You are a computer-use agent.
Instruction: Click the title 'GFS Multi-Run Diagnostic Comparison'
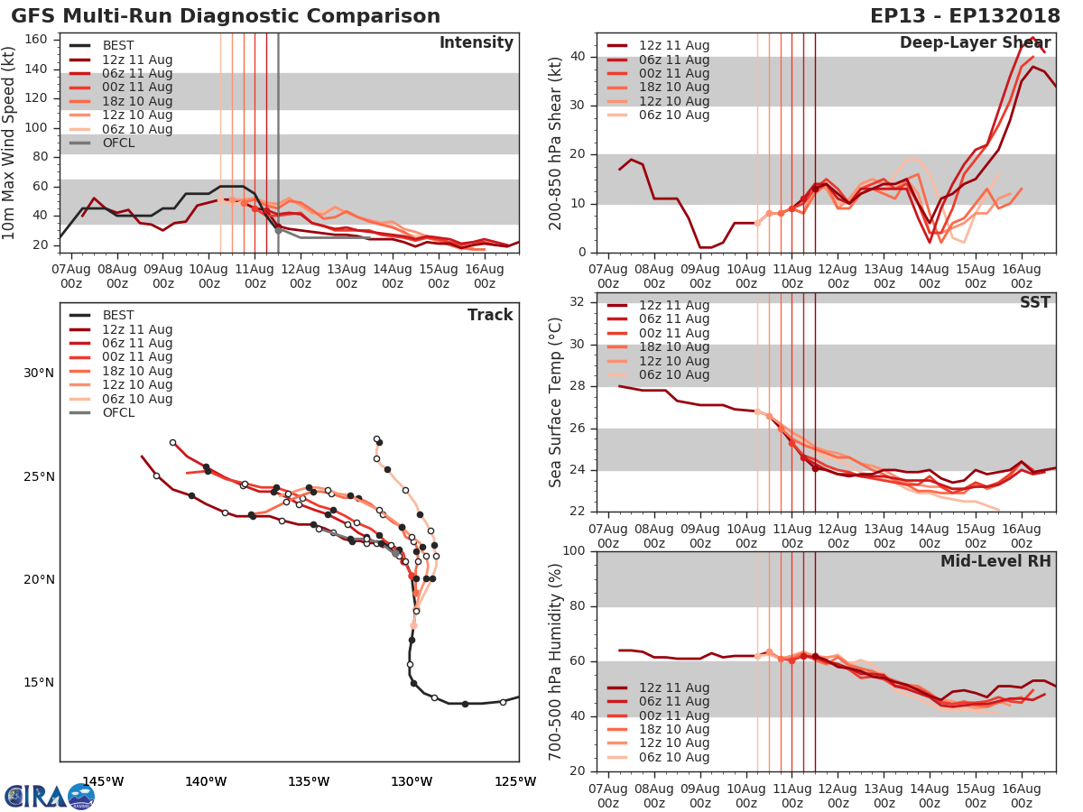(x=226, y=16)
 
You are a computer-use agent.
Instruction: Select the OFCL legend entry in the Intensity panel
(x=117, y=143)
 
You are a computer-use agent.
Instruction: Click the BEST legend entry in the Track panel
(x=117, y=316)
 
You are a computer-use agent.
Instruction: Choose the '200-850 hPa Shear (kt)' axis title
(x=556, y=143)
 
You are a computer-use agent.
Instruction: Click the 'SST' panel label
(x=1034, y=302)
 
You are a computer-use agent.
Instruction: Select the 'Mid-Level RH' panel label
(x=995, y=561)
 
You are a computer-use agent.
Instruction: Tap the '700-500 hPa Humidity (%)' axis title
(x=556, y=661)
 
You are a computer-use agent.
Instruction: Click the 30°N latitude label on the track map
(x=39, y=374)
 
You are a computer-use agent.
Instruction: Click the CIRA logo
(x=49, y=796)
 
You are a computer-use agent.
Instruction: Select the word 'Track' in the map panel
(x=490, y=315)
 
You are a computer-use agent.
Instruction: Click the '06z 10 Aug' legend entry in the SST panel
(x=672, y=375)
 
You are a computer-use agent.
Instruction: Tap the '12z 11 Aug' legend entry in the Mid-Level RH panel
(x=672, y=687)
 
